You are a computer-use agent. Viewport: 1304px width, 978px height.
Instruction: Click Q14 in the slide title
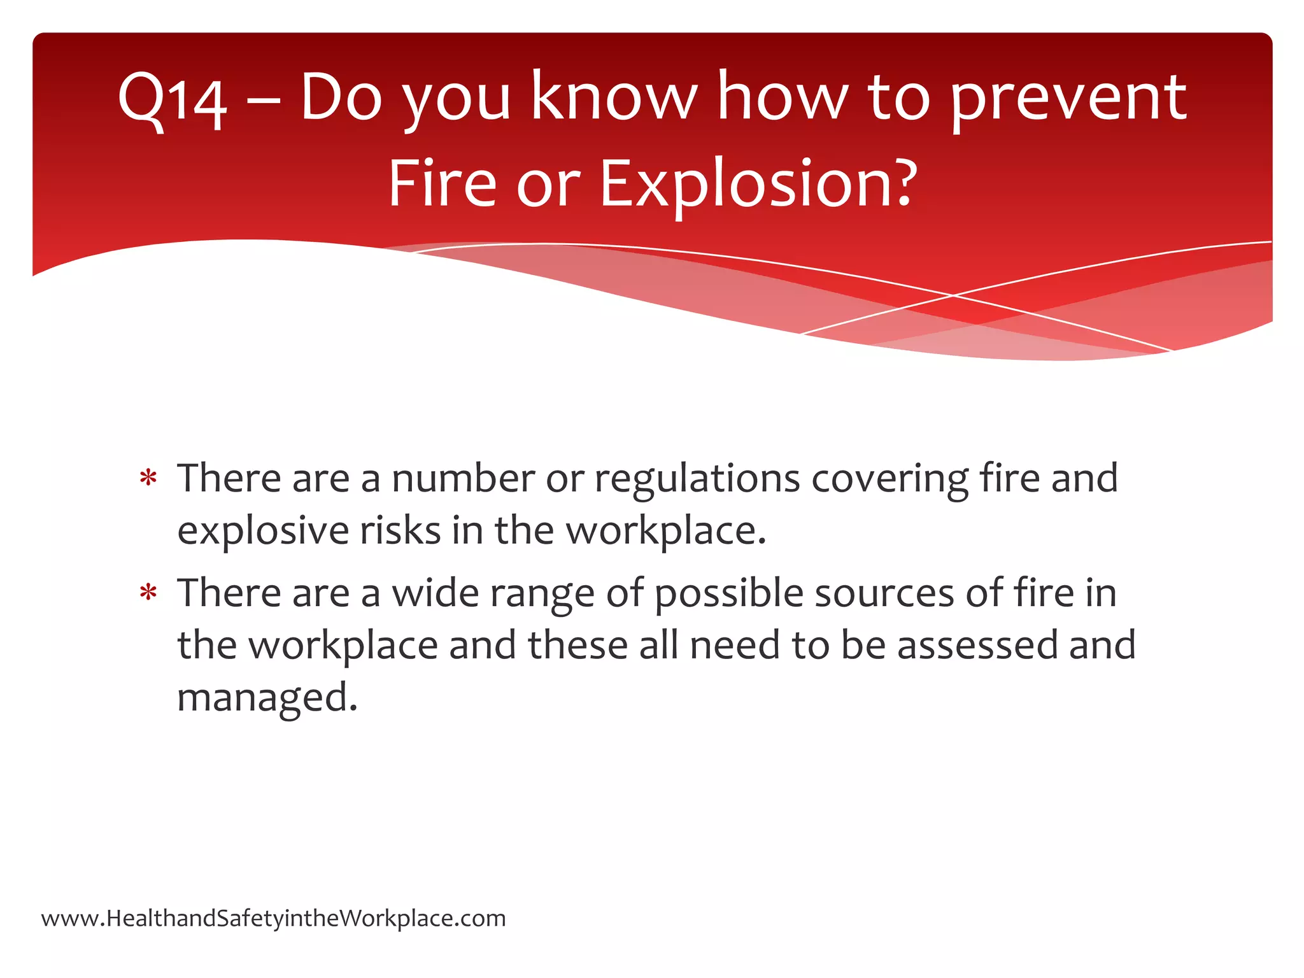pos(172,99)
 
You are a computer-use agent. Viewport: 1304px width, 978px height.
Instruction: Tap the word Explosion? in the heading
pos(758,184)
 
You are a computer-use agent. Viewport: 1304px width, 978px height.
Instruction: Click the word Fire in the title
pos(442,184)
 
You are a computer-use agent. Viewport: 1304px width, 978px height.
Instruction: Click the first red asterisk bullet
pos(148,479)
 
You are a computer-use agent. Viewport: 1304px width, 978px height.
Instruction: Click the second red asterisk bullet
pos(148,593)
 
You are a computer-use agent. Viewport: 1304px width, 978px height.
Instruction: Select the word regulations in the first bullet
pos(697,479)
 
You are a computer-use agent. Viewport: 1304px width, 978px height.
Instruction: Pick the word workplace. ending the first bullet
pos(666,531)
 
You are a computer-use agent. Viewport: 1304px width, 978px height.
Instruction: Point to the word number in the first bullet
pos(463,479)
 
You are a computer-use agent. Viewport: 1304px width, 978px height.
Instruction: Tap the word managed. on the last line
pos(267,698)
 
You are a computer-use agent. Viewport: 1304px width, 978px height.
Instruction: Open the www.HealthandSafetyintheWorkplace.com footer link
pos(274,918)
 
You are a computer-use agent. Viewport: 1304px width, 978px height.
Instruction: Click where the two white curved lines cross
pos(954,295)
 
